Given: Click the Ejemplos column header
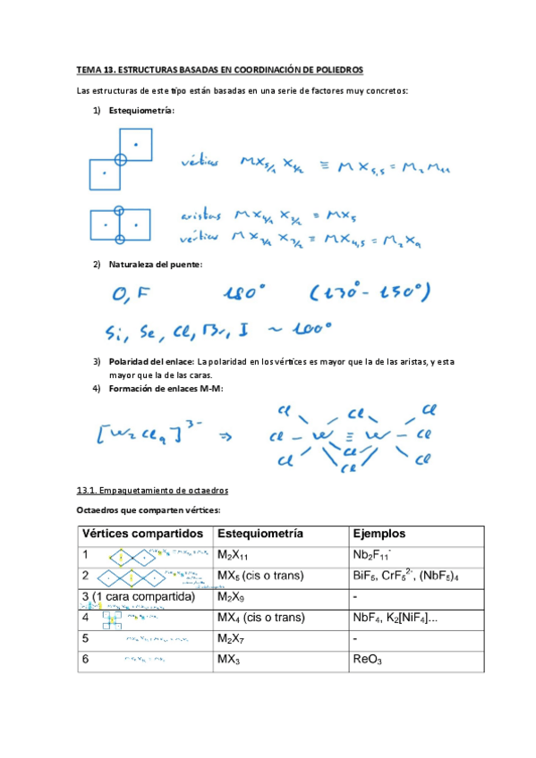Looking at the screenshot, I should pos(379,534).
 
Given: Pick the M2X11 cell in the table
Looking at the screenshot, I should pos(235,554).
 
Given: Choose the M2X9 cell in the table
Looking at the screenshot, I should pos(233,596).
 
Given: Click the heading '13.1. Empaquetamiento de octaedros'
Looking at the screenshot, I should pos(152,490).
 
